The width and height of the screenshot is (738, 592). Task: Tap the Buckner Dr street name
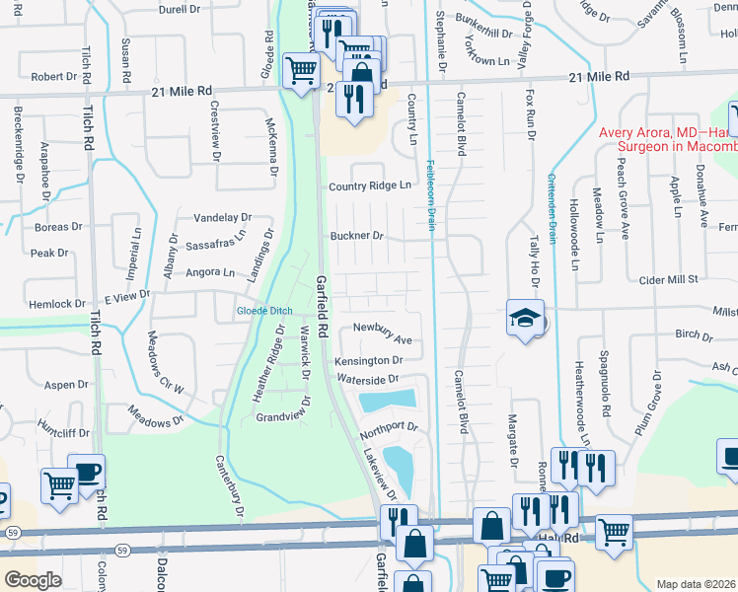click(356, 237)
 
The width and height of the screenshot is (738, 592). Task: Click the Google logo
click(33, 579)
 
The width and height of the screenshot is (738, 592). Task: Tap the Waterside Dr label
click(366, 379)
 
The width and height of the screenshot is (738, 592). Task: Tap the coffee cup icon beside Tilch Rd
click(87, 472)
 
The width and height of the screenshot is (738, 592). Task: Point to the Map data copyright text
click(696, 584)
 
